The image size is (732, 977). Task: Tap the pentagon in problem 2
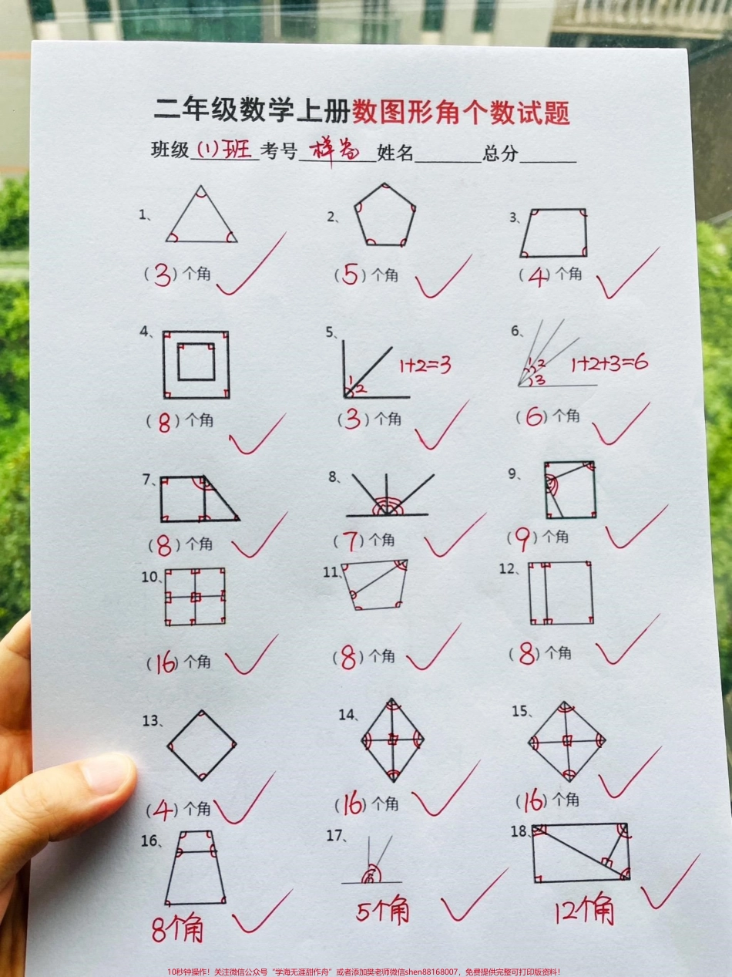click(x=384, y=217)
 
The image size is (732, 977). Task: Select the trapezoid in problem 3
click(x=554, y=232)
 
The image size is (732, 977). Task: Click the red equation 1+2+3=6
click(x=609, y=363)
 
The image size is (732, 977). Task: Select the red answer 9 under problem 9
click(x=522, y=541)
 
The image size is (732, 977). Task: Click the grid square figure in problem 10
click(x=195, y=597)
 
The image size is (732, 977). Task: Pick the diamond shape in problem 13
click(x=202, y=746)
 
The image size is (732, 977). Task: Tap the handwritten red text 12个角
click(x=585, y=912)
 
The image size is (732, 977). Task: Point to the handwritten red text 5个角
click(x=383, y=911)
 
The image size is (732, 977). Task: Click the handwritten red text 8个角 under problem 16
click(x=178, y=929)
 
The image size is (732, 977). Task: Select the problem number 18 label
click(x=519, y=830)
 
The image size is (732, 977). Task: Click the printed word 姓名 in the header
click(x=395, y=153)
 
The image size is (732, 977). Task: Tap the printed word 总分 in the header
click(x=501, y=153)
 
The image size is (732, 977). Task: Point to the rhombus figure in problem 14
click(x=392, y=740)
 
